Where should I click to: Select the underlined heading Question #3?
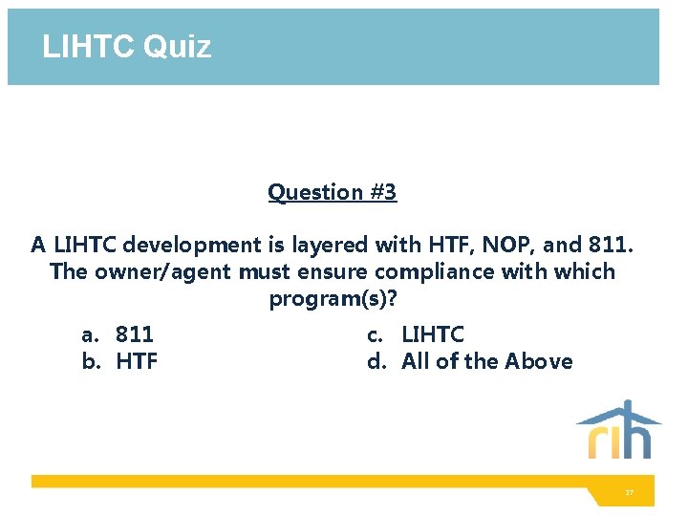pos(332,192)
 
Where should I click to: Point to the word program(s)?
pos(333,299)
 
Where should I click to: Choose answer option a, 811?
pos(134,334)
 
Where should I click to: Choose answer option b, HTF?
pos(137,361)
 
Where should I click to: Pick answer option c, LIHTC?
pos(432,334)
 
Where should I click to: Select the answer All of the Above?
pos(486,361)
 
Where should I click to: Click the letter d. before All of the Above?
pos(376,361)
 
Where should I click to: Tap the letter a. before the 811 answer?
pos(90,334)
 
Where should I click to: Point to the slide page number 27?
pos(629,492)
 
